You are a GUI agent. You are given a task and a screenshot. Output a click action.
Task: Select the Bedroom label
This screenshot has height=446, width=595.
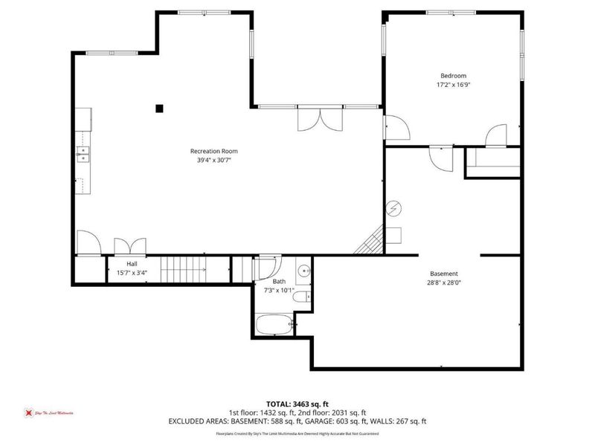click(453, 76)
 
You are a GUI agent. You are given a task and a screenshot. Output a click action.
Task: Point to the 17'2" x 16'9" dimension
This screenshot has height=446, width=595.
click(453, 85)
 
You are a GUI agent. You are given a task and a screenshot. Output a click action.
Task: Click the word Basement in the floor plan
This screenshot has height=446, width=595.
click(444, 274)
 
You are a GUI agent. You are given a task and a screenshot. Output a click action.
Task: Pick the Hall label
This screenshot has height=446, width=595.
click(132, 264)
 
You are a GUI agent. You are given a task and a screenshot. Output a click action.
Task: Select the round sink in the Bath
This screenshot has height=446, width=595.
click(304, 271)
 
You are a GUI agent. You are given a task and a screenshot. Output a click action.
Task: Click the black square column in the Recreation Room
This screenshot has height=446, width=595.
click(159, 109)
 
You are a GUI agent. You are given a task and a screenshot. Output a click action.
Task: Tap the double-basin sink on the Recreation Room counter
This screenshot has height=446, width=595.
click(83, 155)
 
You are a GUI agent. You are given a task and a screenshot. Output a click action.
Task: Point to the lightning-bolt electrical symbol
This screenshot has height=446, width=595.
click(393, 207)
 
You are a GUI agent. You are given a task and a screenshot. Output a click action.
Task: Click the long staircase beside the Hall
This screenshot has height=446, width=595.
click(183, 268)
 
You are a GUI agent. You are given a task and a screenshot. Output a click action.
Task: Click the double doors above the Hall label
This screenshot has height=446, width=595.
click(129, 246)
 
